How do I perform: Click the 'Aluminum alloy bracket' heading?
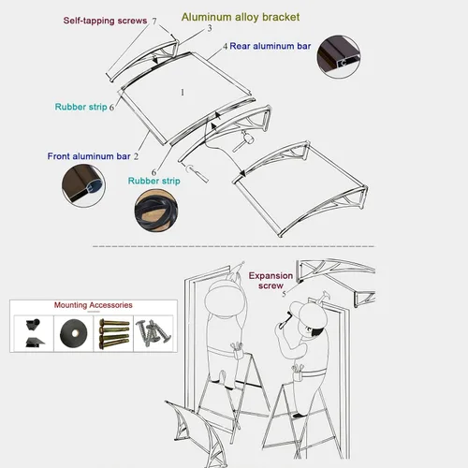point(241,17)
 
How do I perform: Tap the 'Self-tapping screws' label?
point(105,21)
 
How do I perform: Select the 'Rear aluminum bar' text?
point(271,46)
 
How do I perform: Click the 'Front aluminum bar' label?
point(89,156)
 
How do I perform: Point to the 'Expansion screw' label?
point(271,281)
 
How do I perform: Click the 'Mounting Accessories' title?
point(94,305)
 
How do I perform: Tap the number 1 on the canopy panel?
point(183,92)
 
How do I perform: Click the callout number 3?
point(210,28)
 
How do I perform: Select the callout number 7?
point(154,21)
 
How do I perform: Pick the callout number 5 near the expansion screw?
point(284,294)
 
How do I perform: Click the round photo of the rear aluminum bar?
point(339,56)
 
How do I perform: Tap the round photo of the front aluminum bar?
point(83,185)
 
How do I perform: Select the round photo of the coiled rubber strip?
point(156,211)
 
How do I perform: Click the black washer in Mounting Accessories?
point(74,333)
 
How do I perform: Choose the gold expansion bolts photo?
point(114,333)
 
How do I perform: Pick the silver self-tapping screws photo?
point(154,333)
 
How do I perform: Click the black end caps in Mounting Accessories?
point(34,333)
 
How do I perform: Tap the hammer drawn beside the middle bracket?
point(244,141)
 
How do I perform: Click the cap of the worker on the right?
point(307,313)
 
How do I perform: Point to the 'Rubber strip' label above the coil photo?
point(154,181)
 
